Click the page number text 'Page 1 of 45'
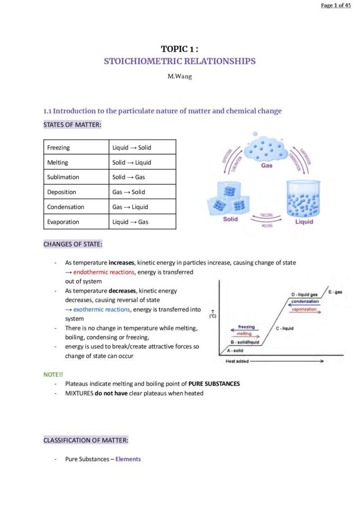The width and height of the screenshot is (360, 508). [336, 5]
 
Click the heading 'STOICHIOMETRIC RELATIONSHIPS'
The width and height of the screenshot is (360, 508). [180, 62]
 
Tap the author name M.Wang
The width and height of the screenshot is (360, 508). [180, 77]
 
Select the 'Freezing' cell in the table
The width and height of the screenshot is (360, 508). [59, 147]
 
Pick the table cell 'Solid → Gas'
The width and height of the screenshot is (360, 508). [129, 177]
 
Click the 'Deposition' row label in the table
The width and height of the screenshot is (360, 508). [62, 192]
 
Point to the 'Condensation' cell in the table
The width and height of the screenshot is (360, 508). [66, 207]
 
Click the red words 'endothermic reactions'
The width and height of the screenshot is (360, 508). [104, 272]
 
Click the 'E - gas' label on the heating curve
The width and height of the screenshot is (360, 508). [335, 292]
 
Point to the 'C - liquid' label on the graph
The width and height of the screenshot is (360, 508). [285, 328]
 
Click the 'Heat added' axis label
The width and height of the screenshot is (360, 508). [237, 361]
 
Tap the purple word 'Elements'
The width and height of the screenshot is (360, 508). [128, 459]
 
